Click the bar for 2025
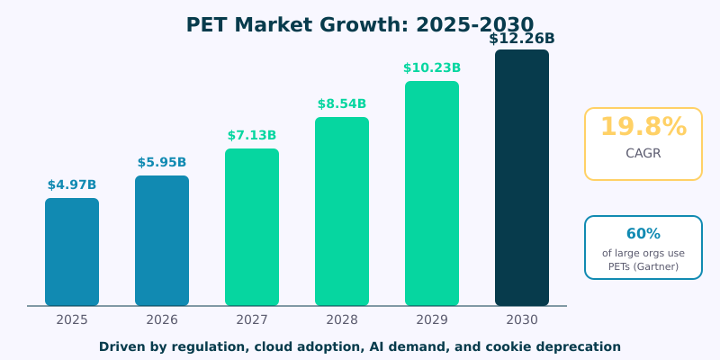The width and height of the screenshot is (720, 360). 72,252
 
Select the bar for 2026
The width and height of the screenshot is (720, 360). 162,241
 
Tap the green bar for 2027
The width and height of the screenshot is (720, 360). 252,228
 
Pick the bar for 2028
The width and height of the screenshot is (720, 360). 342,211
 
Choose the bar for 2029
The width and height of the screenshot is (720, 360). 432,193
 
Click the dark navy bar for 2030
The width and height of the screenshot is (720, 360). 522,178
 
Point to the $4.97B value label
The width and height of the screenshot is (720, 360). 72,185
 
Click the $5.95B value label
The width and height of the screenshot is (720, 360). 162,163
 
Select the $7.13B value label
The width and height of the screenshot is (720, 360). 252,136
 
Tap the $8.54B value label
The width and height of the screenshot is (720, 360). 342,104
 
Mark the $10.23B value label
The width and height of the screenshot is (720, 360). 432,68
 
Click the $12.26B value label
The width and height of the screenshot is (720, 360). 522,39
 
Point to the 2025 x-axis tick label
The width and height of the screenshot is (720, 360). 72,319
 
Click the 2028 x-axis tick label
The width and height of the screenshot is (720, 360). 342,319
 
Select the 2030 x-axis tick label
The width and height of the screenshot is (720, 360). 522,319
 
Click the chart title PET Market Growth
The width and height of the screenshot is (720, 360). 359,25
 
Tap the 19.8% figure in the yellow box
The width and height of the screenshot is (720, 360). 643,128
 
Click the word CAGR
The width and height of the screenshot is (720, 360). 643,154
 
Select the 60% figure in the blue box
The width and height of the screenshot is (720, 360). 643,234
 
